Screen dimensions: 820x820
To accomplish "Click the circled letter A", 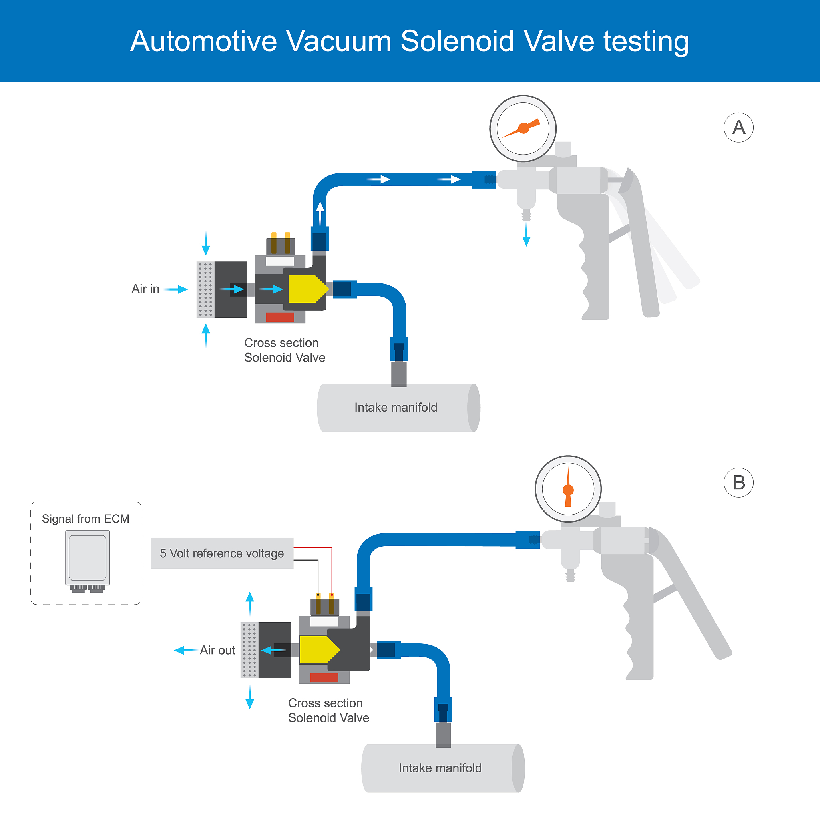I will pos(738,127).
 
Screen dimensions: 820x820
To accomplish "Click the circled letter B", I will pos(738,482).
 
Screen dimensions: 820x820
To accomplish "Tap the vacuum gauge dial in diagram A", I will pos(523,128).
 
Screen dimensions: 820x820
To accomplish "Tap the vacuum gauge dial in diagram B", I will pos(568,489).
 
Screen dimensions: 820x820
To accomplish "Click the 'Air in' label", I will pos(145,289).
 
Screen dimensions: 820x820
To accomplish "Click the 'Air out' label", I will pos(217,650).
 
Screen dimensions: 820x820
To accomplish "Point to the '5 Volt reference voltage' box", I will pos(222,553).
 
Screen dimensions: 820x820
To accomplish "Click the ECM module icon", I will pos(87,559).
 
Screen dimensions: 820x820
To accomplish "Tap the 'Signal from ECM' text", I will pos(85,519).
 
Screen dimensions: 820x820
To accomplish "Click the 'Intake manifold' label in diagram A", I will pos(396,408).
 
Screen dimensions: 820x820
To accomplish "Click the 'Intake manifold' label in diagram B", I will pos(440,768).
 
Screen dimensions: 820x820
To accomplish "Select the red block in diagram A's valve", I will pos(280,317).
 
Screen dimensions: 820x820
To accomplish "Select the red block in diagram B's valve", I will pos(324,677).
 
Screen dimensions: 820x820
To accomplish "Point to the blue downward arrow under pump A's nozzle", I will pos(526,235).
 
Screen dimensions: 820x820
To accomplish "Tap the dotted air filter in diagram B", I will pos(249,650).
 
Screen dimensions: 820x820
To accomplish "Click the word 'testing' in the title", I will pos(646,41).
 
